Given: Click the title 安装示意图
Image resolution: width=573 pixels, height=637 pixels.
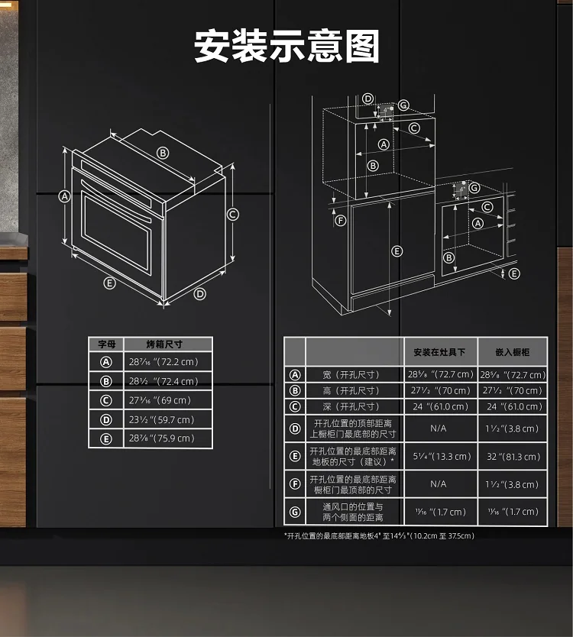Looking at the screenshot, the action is point(286,46).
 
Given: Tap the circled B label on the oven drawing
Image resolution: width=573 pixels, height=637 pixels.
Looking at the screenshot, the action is point(163,154).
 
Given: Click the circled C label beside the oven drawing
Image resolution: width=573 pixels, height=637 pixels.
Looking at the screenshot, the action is point(232,215).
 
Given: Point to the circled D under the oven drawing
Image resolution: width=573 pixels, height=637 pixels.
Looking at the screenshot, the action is point(199,294).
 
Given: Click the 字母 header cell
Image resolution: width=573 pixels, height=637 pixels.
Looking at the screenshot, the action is point(107,344).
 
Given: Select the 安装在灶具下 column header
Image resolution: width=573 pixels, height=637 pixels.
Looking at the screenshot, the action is point(439,352).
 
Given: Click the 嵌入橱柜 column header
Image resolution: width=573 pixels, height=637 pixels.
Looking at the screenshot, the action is point(513,352).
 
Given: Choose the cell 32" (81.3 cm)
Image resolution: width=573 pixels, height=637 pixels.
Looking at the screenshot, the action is point(513,457).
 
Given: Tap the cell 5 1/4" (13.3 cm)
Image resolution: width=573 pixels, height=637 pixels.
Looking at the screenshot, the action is point(442,456).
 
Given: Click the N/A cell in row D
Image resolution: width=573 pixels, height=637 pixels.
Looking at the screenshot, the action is point(438,428).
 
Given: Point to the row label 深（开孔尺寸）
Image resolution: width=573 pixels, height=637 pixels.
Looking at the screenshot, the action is point(351,406).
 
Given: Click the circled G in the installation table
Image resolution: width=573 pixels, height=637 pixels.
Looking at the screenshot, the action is point(295,512).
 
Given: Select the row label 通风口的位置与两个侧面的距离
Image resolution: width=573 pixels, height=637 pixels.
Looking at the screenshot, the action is point(353,512).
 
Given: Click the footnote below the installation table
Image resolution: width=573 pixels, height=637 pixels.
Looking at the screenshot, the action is point(379,536).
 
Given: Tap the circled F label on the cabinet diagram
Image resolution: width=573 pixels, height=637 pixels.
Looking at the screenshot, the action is point(341,221).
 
